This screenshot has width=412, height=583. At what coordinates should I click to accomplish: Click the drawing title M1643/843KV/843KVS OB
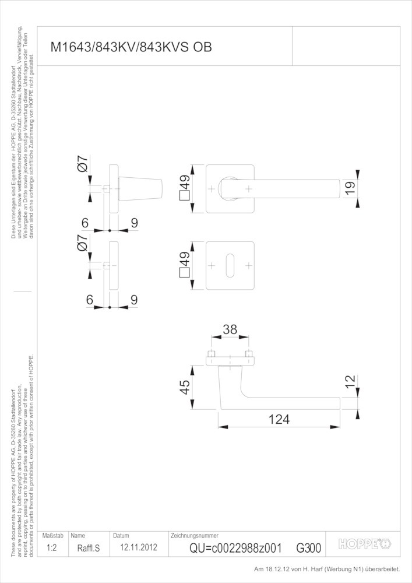[x=131, y=47]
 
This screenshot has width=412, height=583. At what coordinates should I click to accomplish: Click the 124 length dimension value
[x=279, y=419]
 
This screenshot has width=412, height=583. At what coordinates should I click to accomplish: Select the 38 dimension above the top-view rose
[x=230, y=329]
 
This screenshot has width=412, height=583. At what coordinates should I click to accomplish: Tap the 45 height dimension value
[x=185, y=387]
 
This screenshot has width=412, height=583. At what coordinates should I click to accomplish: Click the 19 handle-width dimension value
[x=350, y=187]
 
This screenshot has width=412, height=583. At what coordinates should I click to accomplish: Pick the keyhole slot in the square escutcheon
[x=230, y=265]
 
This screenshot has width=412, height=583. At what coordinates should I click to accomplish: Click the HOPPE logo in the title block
[x=365, y=545]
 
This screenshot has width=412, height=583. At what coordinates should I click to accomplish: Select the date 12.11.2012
[x=139, y=547]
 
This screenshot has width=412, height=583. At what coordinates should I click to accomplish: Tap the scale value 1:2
[x=52, y=547]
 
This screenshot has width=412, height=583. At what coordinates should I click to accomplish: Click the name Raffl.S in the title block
[x=89, y=548]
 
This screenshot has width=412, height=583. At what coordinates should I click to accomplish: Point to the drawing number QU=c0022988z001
[x=235, y=548]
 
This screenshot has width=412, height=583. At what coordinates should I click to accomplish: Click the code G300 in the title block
[x=309, y=548]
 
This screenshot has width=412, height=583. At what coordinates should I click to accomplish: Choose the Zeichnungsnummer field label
[x=194, y=535]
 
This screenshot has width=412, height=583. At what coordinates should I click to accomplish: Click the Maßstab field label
[x=53, y=536]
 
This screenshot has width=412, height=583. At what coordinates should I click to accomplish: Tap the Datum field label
[x=121, y=536]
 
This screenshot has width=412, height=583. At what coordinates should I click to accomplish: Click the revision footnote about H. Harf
[x=327, y=569]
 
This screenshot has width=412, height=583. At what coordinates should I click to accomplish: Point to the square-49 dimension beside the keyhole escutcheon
[x=185, y=265]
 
